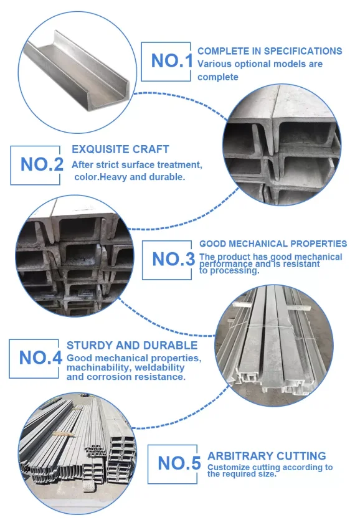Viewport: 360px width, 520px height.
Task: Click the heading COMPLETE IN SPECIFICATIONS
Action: [270, 50]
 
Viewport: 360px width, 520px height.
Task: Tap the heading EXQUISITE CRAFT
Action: [120, 149]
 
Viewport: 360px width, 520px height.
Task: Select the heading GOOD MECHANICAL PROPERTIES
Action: [273, 243]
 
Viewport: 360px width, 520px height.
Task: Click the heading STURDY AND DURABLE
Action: [132, 345]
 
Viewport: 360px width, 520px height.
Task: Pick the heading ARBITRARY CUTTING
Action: [267, 456]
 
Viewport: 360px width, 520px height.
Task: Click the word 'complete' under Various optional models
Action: [218, 77]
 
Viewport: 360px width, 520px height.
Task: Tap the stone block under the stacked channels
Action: [89, 486]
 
